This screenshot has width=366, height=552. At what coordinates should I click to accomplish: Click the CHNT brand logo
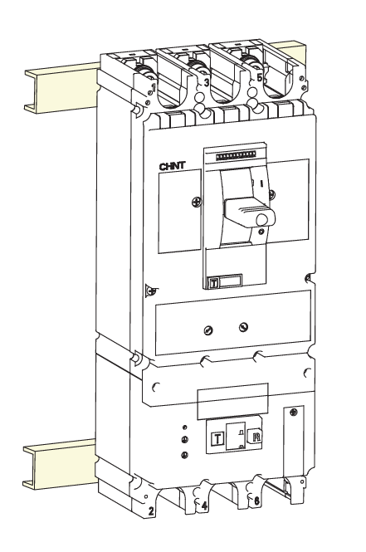click(173, 167)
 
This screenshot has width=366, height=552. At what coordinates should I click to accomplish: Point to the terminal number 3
click(207, 83)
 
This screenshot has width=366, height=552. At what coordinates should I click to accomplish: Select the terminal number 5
click(260, 78)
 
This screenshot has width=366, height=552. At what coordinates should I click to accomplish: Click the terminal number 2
click(151, 511)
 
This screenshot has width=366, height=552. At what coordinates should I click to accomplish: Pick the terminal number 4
click(204, 506)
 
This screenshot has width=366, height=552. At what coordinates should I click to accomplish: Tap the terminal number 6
click(257, 501)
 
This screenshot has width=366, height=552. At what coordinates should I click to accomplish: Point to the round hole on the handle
click(261, 220)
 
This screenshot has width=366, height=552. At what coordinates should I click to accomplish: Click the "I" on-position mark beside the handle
click(261, 183)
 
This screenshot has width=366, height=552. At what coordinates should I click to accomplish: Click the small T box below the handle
click(213, 283)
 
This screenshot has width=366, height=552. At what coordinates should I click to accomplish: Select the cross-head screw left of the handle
click(197, 202)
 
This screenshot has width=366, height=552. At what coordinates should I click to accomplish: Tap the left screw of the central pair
click(208, 330)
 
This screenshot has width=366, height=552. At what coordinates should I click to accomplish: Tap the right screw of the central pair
click(243, 327)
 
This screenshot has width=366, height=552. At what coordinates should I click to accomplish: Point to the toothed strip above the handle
click(235, 156)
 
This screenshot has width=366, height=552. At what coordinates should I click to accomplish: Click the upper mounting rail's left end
click(28, 90)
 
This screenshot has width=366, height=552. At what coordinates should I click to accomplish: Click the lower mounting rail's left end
click(27, 467)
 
